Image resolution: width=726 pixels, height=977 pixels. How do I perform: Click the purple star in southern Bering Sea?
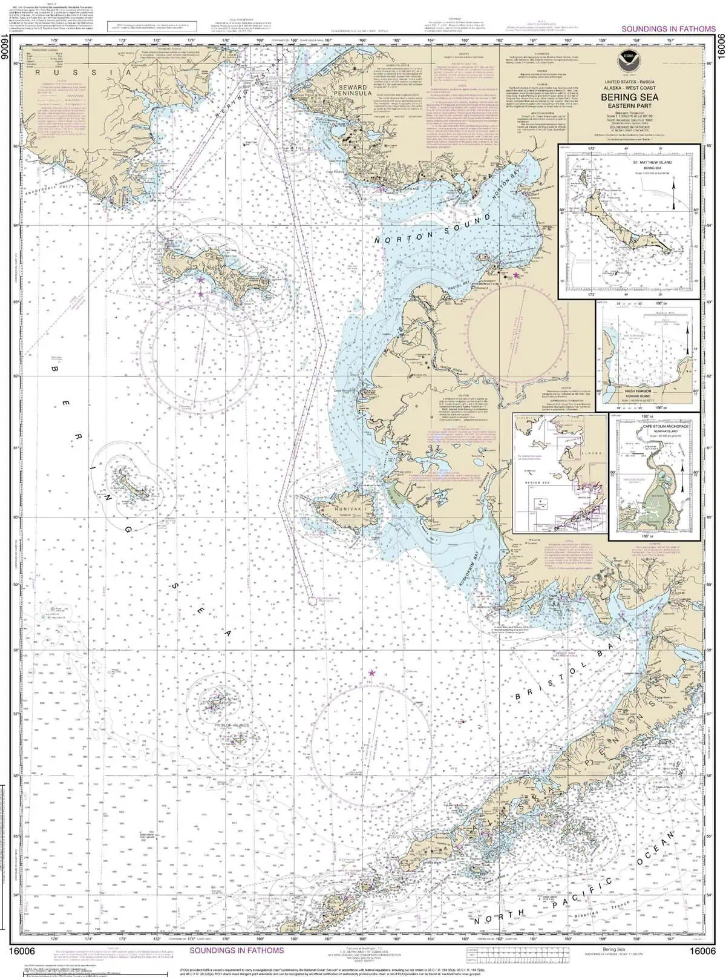click(x=371, y=673)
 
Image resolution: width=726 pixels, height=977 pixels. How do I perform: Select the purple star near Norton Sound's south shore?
click(x=515, y=275)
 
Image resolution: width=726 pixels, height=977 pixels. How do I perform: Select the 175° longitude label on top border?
click(x=55, y=41)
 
